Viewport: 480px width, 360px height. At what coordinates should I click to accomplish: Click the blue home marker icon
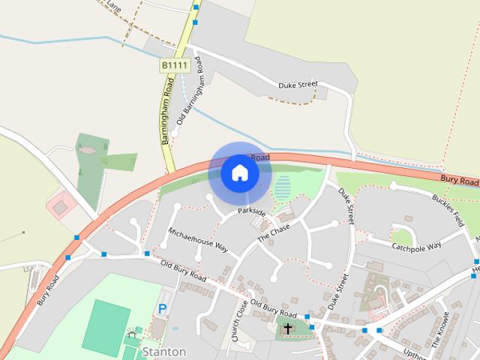(239, 172)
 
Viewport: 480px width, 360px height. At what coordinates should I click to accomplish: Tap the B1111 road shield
(173, 66)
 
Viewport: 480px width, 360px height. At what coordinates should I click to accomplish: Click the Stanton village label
(163, 351)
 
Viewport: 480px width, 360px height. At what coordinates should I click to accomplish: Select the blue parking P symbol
(162, 308)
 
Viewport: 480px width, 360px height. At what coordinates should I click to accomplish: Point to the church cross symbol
(288, 328)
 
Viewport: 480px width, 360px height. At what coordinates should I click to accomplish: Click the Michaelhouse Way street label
(198, 238)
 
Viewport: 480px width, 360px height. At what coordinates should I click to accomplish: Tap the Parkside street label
(252, 213)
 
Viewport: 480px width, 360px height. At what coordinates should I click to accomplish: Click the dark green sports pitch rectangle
(106, 325)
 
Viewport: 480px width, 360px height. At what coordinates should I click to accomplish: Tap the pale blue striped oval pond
(282, 187)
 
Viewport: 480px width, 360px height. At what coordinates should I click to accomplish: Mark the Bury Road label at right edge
(459, 181)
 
